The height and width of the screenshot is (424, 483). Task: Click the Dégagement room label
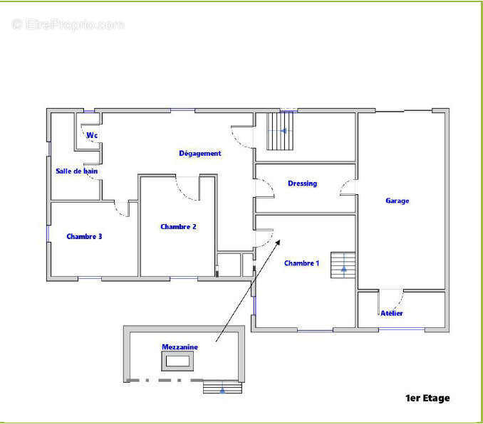200,153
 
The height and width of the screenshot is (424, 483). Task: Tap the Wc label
92,135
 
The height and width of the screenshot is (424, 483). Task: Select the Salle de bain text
77,171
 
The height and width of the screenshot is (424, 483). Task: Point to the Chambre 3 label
84,236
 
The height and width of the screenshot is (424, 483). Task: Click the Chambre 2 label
178,227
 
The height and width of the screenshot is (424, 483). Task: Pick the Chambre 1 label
301,263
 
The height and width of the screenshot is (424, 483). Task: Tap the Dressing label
302,184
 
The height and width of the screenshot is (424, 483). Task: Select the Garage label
398,201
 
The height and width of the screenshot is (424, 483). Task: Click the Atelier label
392,313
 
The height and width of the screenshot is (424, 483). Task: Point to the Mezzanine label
180,347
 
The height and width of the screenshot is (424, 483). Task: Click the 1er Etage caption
427,398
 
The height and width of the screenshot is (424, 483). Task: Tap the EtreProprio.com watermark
68,24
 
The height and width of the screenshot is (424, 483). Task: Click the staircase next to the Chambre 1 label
343,265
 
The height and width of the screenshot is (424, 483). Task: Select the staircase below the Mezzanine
222,387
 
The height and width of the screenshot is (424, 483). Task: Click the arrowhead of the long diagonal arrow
278,242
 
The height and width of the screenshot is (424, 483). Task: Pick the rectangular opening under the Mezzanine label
177,361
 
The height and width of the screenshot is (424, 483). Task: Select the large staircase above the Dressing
280,131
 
